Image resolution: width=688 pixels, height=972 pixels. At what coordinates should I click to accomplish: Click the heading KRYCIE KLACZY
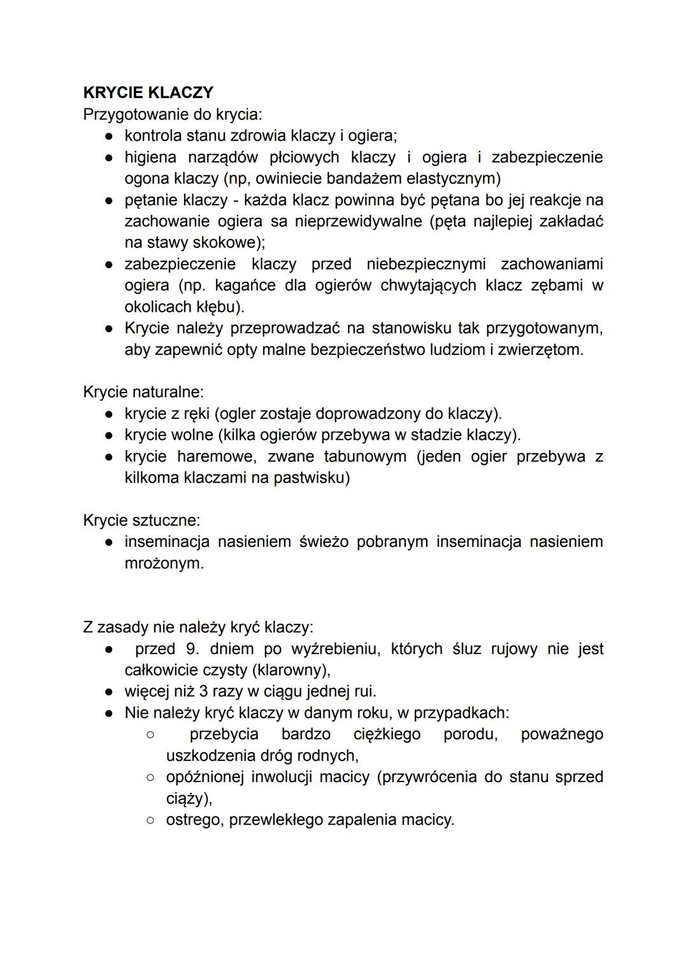point(148,92)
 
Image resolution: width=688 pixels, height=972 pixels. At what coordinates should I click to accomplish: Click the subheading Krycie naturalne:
point(143,392)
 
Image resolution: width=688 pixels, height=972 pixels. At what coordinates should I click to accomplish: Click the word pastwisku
point(312,478)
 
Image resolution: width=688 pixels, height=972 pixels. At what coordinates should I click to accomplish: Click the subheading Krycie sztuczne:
point(141,520)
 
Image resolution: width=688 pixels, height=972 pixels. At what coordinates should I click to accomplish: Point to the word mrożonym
point(164,563)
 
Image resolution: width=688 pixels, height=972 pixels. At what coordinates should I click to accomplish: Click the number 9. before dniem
point(192,649)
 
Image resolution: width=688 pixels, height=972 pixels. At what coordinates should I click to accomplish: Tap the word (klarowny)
point(291,671)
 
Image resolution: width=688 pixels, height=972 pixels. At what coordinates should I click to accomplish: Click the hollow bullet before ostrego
point(150,820)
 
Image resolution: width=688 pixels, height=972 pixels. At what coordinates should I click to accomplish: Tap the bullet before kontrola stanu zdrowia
point(110,136)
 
